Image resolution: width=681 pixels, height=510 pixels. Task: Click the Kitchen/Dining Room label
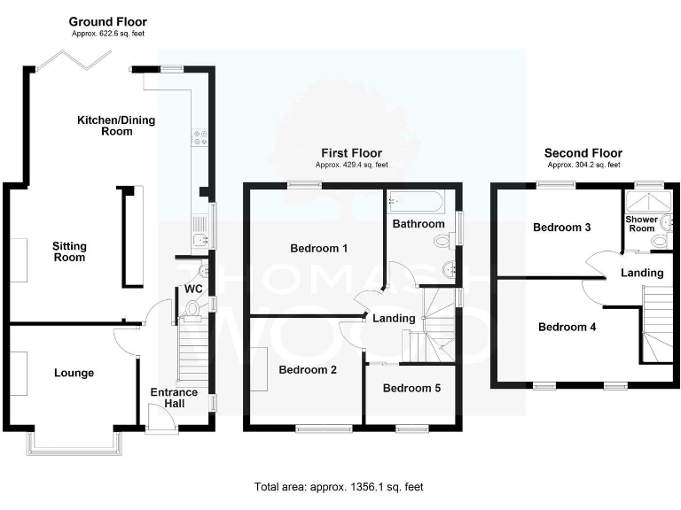(x=104, y=125)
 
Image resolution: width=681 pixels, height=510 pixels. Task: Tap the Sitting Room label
(x=68, y=251)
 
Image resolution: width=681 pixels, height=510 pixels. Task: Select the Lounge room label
(x=74, y=373)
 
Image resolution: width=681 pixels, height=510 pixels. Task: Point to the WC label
(x=192, y=289)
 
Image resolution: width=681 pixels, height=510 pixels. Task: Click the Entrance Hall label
(x=174, y=398)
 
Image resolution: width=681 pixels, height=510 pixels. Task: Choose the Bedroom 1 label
(x=318, y=248)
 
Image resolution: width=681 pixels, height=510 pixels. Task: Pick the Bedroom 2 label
(x=308, y=370)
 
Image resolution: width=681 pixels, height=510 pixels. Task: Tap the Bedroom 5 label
(x=411, y=388)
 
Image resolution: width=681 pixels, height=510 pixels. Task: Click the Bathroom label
(x=419, y=224)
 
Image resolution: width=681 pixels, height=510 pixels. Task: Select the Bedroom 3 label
(x=562, y=228)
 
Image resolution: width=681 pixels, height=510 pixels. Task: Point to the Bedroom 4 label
(x=567, y=327)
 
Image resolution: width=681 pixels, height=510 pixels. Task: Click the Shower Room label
(x=641, y=223)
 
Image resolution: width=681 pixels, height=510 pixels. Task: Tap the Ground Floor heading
(x=107, y=21)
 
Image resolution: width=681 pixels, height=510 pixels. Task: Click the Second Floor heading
(x=583, y=153)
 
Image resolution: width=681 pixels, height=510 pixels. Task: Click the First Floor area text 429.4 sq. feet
(x=352, y=165)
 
